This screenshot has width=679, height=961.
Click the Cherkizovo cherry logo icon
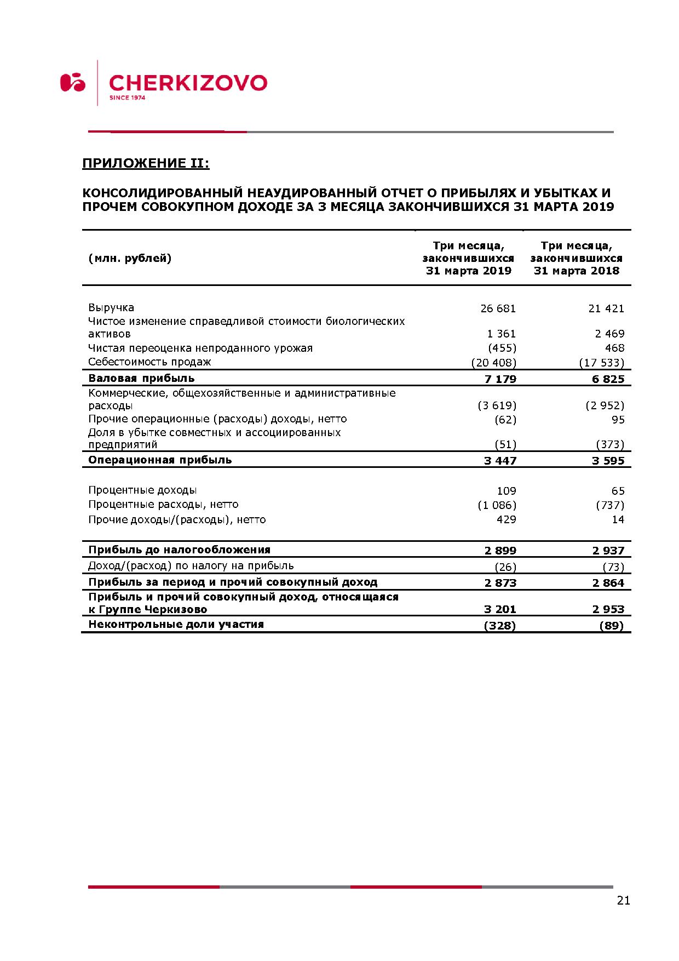pos(73,82)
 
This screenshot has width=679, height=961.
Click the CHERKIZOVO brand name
pos(188,83)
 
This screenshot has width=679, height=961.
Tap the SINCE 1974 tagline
pos(127,98)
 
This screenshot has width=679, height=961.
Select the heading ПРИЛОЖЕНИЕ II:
pos(146,163)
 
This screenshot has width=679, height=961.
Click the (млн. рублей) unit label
pos(130,258)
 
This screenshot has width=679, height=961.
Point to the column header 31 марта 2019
pos(468,271)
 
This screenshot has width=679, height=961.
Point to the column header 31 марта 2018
pos(576,271)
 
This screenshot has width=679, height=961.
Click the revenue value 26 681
pos(498,308)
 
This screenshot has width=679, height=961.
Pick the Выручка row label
pos(111,307)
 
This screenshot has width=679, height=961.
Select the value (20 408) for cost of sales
pos(493,363)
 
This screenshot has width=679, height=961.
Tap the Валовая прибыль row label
pos(141,378)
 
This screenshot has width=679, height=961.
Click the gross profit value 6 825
pos(608,379)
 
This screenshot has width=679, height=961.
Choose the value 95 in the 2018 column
pos(618,420)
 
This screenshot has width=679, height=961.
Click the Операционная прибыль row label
pos(160,460)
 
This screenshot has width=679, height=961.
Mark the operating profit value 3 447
pos(500,461)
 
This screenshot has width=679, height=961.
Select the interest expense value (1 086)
pos(497,505)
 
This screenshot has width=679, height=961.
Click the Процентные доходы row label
pos(142,490)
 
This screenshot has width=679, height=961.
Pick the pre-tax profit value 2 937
pos(608,551)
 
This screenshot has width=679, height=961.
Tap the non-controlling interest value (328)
pos(499,626)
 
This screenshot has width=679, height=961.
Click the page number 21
pos(623,900)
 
